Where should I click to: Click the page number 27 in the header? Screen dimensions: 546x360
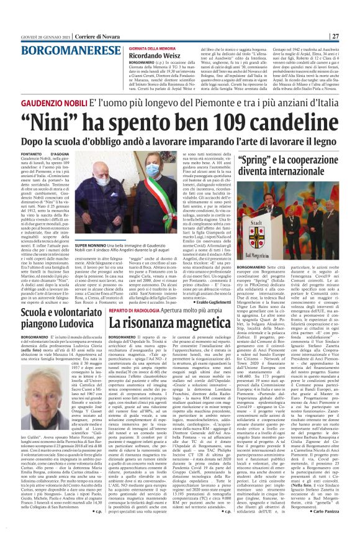[x=352, y=36]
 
